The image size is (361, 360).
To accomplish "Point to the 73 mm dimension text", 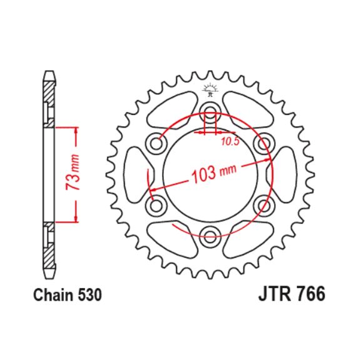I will pos(74,173).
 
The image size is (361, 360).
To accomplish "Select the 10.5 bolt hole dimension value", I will pos(230,142).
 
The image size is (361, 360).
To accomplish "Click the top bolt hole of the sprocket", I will pos(210,116).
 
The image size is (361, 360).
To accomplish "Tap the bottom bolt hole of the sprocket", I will pos(210,234).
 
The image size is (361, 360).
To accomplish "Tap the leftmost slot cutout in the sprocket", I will pos(135,175).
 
